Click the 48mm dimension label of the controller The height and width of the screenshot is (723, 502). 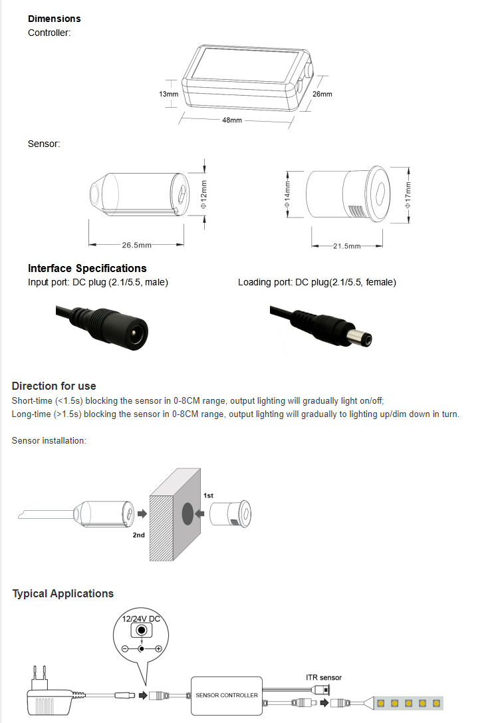(x=231, y=120)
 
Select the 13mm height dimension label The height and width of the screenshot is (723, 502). (x=168, y=94)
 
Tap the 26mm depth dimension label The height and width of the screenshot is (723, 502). (x=322, y=94)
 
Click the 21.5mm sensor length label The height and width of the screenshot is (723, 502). (x=346, y=246)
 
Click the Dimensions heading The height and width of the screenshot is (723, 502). (x=55, y=19)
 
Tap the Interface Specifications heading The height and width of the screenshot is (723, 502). (x=87, y=269)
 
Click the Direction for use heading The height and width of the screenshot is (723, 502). (x=54, y=386)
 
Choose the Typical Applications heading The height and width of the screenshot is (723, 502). (x=63, y=594)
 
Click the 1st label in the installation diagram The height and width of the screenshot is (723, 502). (x=208, y=496)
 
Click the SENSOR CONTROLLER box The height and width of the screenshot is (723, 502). (x=226, y=695)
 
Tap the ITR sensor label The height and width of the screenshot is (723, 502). (x=324, y=678)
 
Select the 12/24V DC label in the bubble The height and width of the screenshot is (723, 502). (x=140, y=619)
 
